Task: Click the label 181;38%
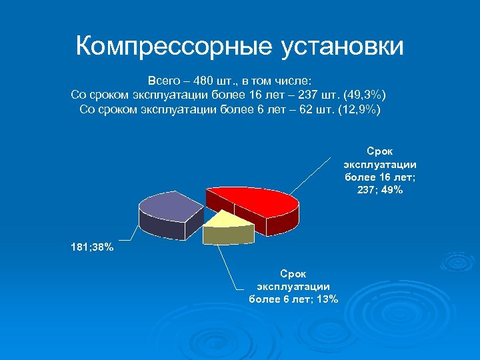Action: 93,248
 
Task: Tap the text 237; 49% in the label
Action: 379,190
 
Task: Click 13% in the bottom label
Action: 328,299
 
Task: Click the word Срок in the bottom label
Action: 293,273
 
